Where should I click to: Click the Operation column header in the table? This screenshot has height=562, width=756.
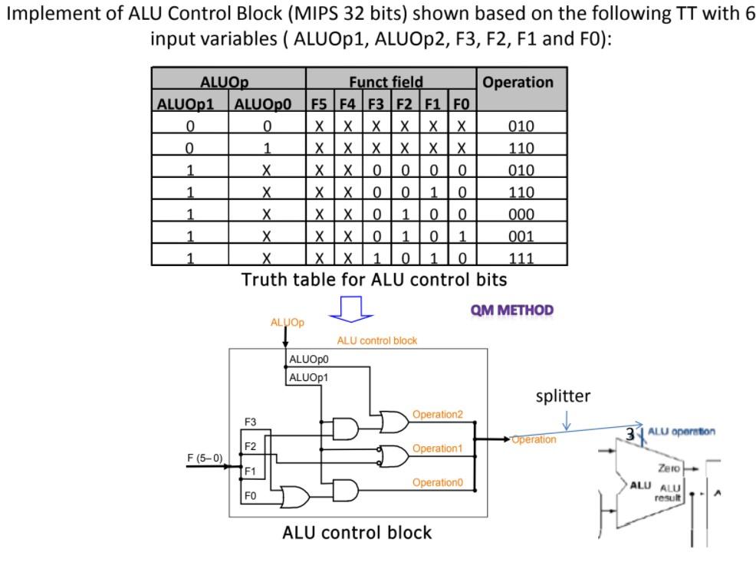click(x=518, y=82)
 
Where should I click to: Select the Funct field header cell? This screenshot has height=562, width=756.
click(x=386, y=82)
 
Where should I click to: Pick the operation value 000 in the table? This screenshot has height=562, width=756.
click(x=521, y=215)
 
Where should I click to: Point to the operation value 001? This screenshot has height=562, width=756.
click(x=521, y=236)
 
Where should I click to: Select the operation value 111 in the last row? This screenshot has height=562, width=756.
click(x=521, y=258)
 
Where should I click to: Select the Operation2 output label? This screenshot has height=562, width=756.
click(x=438, y=415)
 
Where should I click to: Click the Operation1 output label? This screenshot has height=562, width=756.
click(x=438, y=448)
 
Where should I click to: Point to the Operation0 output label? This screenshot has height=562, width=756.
click(x=438, y=482)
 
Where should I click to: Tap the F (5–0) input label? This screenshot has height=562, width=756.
click(x=205, y=458)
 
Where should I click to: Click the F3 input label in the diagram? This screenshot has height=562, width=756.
click(x=251, y=422)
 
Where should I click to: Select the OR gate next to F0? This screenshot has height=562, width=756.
click(x=294, y=497)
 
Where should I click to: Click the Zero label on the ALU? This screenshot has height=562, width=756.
click(x=666, y=468)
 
